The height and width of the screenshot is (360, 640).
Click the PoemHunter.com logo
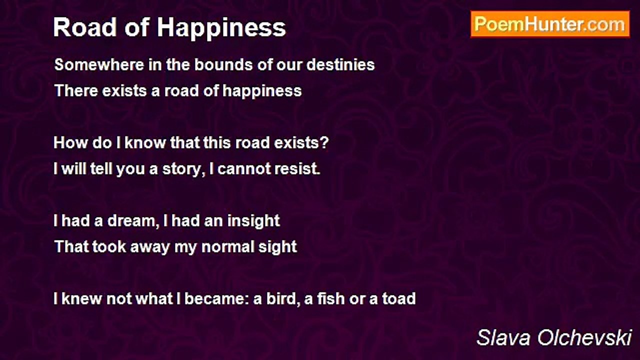[550, 24]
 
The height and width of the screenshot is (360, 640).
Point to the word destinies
[340, 64]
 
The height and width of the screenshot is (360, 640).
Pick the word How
[71, 142]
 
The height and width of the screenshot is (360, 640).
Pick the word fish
[329, 299]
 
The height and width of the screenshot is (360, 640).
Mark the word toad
[399, 299]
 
